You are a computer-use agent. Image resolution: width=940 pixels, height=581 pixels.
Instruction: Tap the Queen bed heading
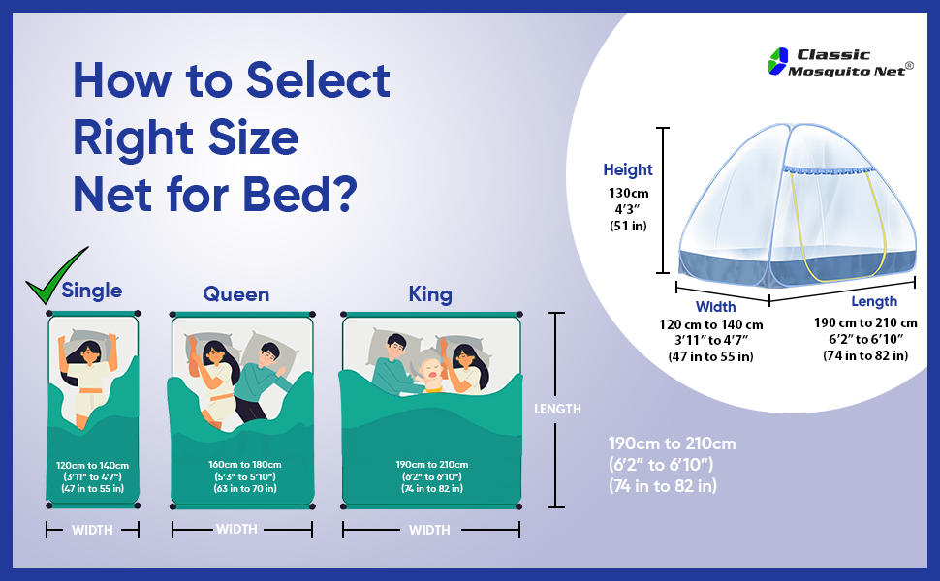coord(235,293)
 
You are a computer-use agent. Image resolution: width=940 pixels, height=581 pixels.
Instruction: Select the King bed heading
coord(430,293)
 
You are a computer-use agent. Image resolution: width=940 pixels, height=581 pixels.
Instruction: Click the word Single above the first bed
coord(92,290)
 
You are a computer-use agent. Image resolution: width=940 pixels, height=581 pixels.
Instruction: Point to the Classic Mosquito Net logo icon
coord(776,61)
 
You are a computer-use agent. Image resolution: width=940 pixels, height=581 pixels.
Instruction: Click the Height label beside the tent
coord(628,170)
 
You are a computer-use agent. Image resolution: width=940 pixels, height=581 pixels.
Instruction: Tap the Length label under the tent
coord(873,302)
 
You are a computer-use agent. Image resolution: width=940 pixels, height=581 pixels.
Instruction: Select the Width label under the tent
coord(715,306)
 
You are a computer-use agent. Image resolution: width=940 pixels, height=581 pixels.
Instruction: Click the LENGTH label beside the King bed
coord(557,409)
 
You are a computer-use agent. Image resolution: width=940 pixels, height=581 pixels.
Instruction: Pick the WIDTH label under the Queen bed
coord(236,530)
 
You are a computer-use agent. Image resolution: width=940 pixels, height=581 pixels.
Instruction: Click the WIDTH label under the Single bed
coord(92,530)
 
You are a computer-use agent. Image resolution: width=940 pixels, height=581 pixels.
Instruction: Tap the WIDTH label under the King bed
coord(429,530)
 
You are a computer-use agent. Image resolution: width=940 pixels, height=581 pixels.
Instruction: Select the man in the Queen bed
coord(265,378)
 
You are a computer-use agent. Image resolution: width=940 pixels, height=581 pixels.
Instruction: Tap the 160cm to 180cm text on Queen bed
coord(244,465)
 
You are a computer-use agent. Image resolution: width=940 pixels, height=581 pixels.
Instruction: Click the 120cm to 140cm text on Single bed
coord(92,465)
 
